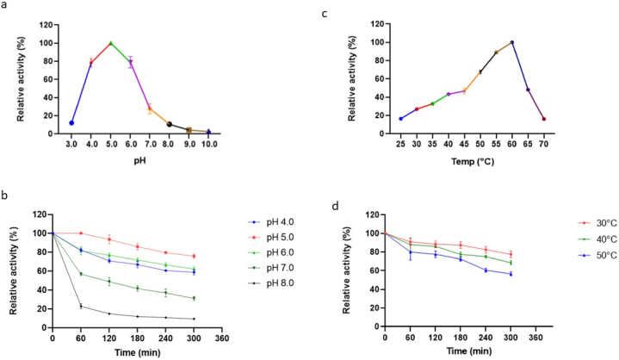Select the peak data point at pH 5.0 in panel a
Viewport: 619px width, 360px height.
(110, 43)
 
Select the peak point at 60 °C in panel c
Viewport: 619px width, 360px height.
(512, 42)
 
